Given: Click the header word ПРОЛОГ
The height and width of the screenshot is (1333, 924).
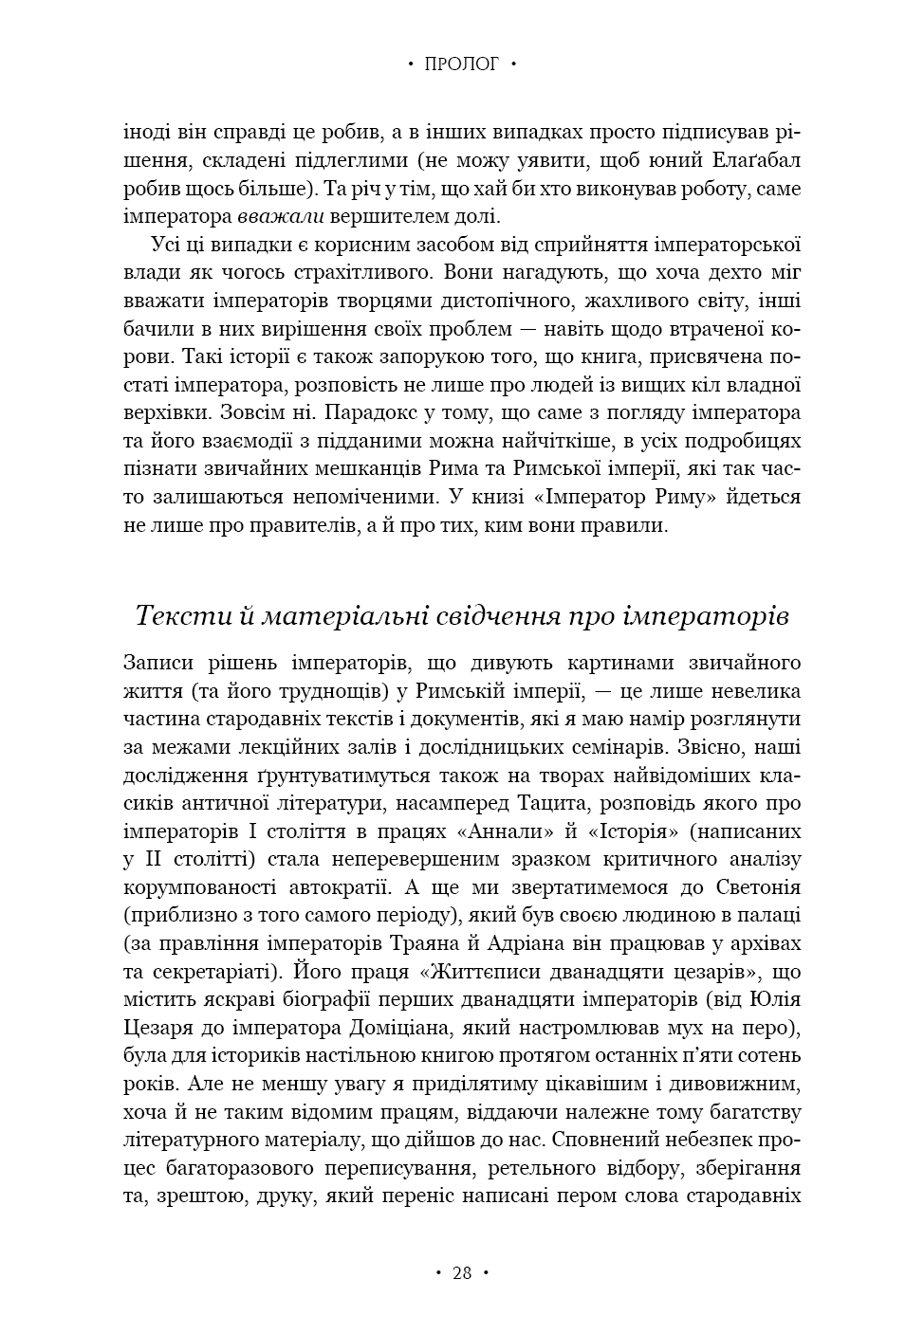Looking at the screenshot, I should point(461,64).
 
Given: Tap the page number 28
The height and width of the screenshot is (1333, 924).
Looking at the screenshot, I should point(461,1272).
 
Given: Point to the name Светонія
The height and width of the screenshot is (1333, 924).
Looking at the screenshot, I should point(748,887).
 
